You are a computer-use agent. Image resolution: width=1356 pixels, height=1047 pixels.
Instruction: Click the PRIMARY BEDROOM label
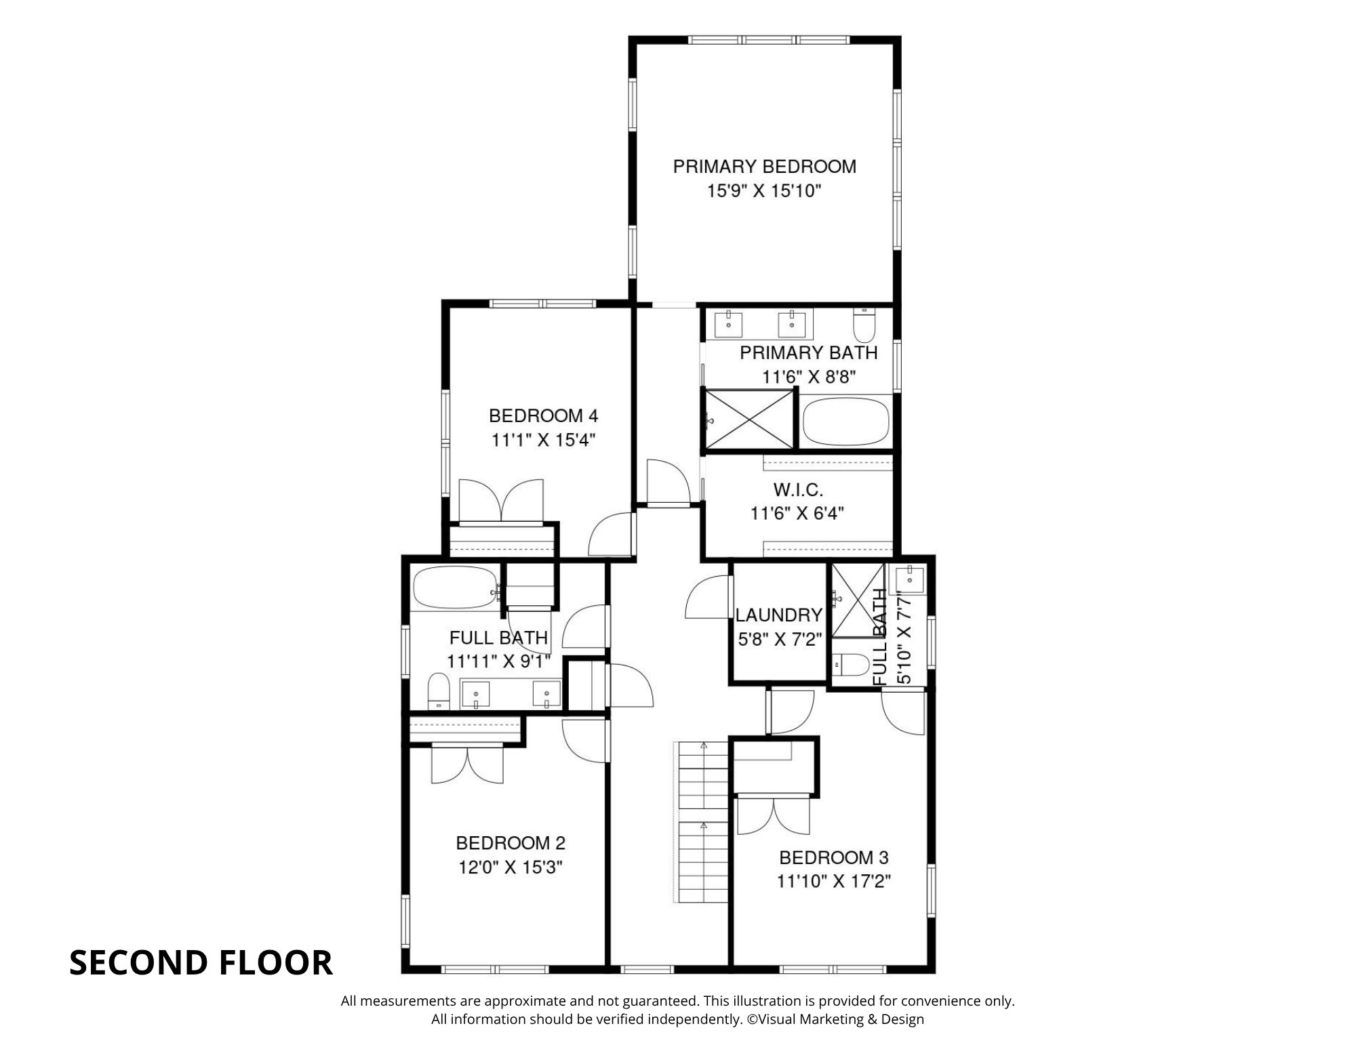pos(764,167)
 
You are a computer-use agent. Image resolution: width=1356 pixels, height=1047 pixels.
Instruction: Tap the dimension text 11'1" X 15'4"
pos(543,440)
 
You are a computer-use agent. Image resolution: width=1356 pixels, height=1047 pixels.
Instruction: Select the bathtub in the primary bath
pos(845,421)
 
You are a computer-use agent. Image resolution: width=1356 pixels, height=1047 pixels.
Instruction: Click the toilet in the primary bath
pos(864,325)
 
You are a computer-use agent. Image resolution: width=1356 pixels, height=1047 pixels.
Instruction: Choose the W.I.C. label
pos(798,489)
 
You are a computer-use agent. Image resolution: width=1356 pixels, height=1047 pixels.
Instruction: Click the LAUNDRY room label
pos(779,615)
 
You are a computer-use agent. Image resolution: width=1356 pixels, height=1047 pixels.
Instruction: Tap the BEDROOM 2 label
pos(511,843)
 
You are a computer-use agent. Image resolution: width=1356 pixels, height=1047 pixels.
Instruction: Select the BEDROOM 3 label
pos(834,858)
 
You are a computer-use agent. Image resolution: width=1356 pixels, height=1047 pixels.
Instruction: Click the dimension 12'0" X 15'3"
pos(511,867)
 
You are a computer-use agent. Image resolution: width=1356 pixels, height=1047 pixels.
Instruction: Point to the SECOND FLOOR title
pos(201,963)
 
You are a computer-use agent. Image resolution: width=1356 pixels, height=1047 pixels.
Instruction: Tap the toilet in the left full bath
pos(439,691)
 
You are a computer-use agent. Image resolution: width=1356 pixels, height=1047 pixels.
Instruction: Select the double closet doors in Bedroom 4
pos(501,501)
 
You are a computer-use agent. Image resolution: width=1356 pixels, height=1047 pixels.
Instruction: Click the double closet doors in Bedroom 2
pos(468,764)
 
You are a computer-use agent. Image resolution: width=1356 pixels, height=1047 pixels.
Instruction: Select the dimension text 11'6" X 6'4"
pos(797,514)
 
